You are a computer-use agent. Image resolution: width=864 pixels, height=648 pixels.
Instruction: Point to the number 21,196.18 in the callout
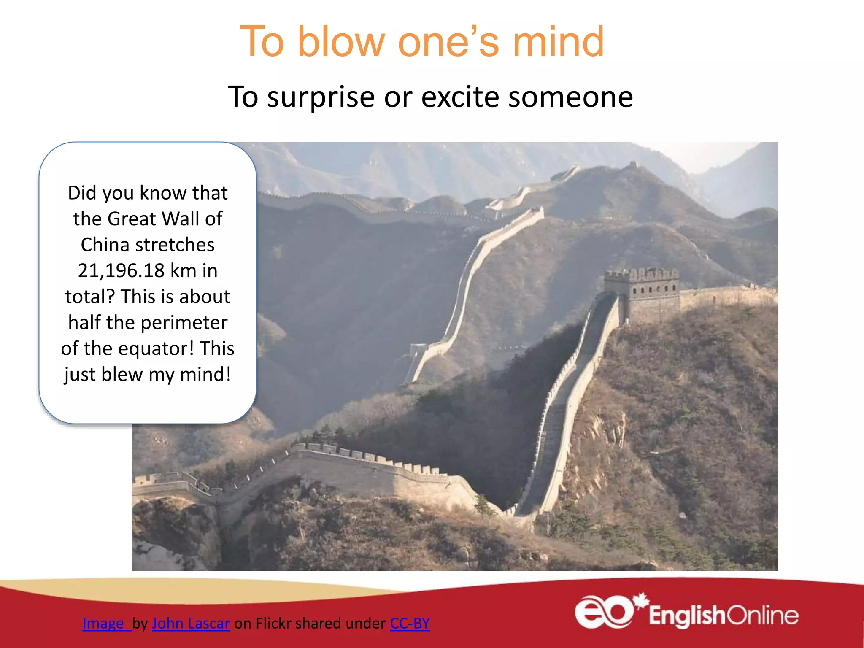pos(121,270)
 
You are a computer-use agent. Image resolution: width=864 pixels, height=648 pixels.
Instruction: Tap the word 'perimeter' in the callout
pos(184,323)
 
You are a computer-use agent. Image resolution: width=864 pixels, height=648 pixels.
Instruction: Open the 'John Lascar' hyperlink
pos(191,623)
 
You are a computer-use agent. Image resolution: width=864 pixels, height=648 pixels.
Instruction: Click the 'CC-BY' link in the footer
pos(410,623)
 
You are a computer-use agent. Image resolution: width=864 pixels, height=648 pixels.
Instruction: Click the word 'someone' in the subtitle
pos(570,97)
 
